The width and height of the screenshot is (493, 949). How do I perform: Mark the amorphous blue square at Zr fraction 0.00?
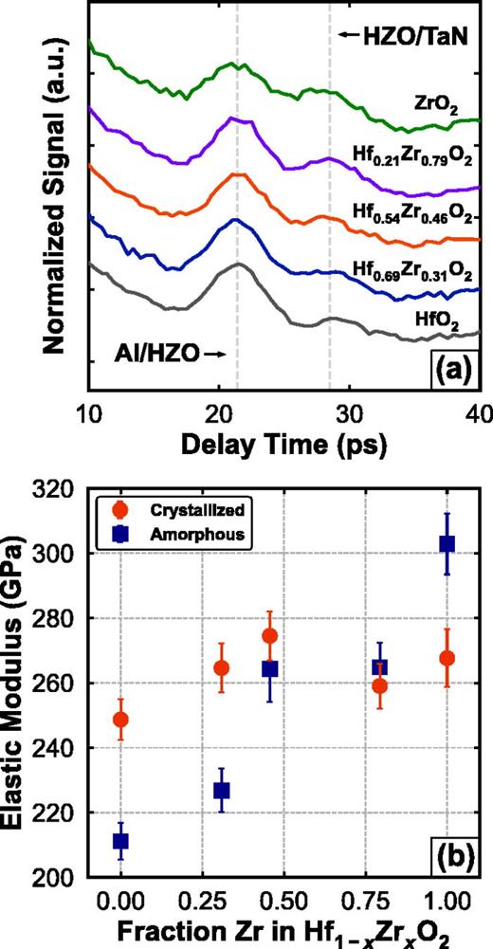120,841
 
